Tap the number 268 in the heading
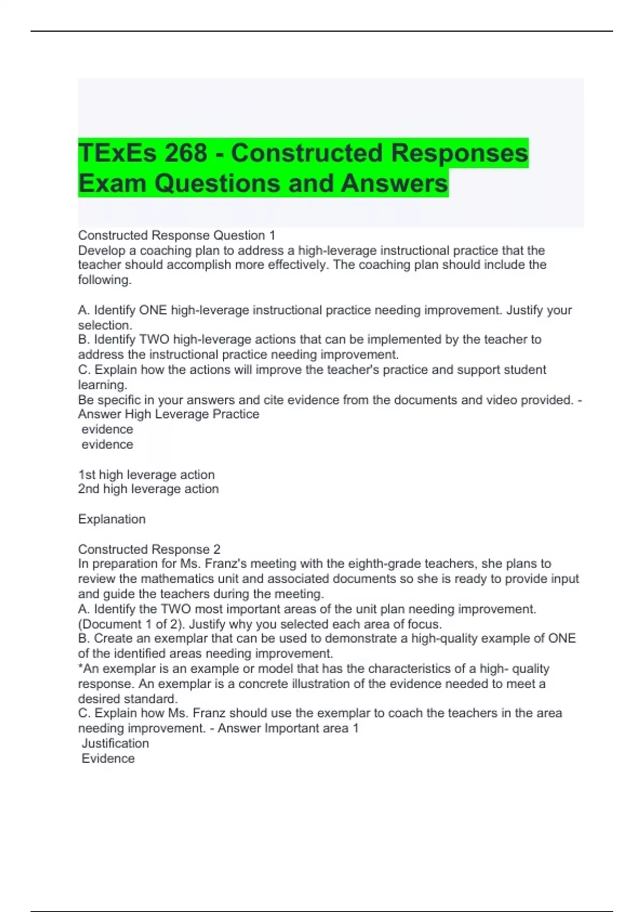(x=186, y=153)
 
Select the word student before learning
(x=520, y=370)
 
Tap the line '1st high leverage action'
(x=147, y=475)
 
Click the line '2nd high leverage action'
(x=149, y=489)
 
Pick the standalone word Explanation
(x=112, y=519)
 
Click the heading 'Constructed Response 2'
(x=149, y=549)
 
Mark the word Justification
(x=115, y=744)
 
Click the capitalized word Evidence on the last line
(x=108, y=759)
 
